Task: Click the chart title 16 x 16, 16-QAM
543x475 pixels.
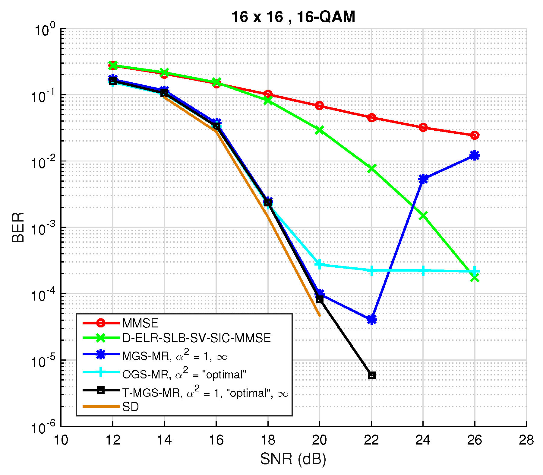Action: click(x=293, y=17)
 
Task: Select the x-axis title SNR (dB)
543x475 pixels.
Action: click(x=293, y=459)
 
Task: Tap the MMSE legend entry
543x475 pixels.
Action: click(x=140, y=323)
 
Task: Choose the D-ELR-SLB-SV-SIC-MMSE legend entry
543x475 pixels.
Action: click(x=197, y=338)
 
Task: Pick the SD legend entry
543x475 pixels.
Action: click(x=131, y=407)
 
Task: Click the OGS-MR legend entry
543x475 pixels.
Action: click(x=184, y=374)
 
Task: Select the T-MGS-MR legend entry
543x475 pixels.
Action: click(x=205, y=393)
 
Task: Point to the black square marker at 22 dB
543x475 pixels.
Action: click(x=371, y=375)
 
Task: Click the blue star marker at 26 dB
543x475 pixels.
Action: click(x=475, y=156)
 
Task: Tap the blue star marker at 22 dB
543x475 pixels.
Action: click(x=371, y=319)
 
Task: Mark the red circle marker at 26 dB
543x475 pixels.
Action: click(x=475, y=135)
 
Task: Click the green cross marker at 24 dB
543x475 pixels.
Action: click(x=423, y=215)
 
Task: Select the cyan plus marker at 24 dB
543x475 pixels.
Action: click(x=423, y=271)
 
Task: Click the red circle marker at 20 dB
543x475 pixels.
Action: click(x=320, y=106)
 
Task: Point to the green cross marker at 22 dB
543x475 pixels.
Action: click(x=371, y=168)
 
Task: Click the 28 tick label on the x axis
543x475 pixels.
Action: click(x=526, y=440)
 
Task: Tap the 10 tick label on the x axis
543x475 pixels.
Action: click(x=61, y=440)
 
